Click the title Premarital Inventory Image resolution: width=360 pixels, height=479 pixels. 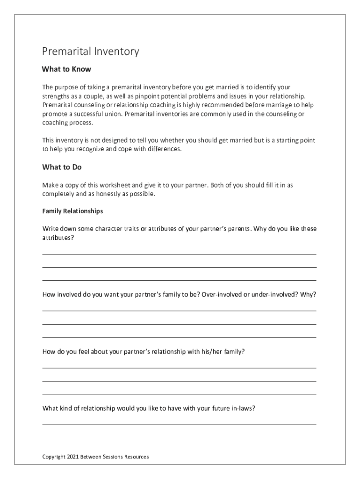point(90,51)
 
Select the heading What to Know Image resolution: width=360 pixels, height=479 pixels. point(66,69)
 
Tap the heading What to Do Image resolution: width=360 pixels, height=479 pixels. point(62,167)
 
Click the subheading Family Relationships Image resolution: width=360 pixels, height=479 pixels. point(72,211)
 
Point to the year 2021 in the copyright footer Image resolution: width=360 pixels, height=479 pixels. point(72,457)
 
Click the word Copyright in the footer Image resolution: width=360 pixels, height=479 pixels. point(54,457)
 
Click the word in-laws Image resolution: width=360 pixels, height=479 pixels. point(243,408)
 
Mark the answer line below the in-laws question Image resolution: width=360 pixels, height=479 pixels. point(179,424)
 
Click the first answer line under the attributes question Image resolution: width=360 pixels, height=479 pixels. point(179,254)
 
